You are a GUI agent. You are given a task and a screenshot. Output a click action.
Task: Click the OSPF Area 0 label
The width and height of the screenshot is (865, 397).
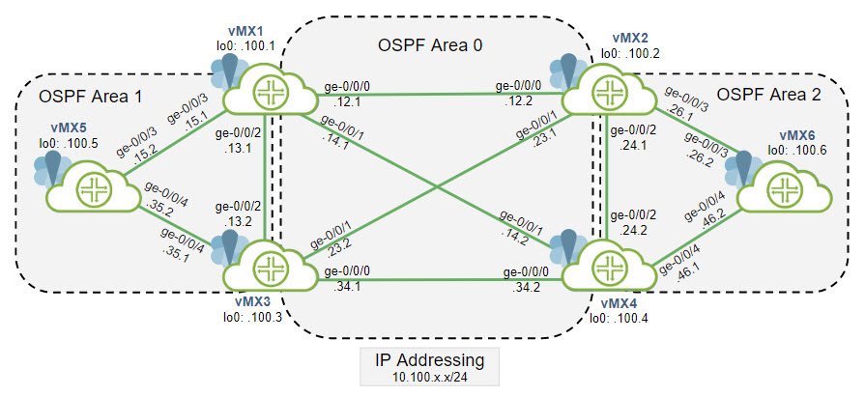[428, 44]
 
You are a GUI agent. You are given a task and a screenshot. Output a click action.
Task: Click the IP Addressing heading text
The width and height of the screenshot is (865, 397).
[430, 359]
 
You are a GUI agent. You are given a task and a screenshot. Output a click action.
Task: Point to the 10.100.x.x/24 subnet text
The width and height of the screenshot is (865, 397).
[430, 379]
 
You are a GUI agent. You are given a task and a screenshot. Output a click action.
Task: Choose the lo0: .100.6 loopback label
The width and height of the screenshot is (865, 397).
[804, 151]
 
